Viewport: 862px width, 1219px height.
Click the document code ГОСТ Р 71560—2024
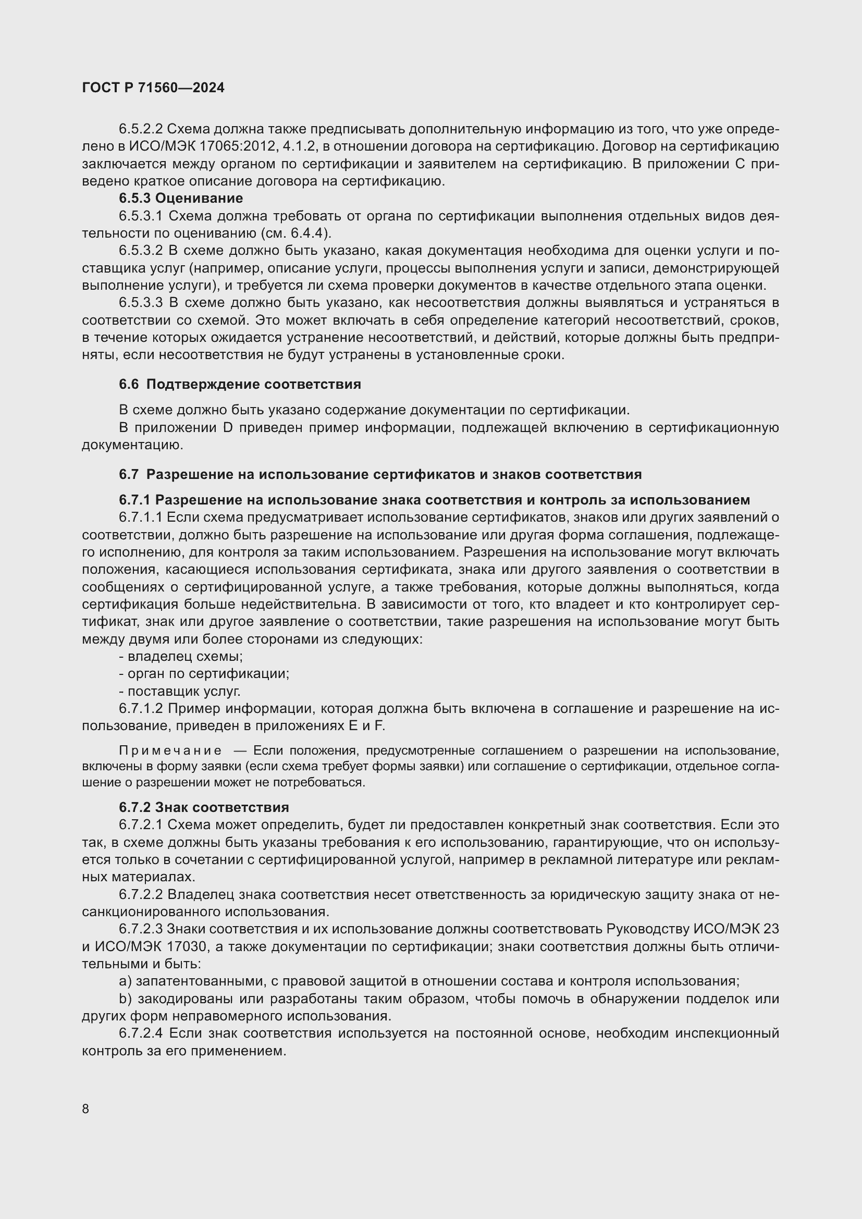point(153,88)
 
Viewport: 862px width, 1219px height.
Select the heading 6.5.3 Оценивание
point(181,199)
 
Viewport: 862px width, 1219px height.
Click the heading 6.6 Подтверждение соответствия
point(240,385)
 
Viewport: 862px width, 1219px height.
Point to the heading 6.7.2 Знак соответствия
point(204,807)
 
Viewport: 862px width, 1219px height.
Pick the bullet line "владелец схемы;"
point(181,656)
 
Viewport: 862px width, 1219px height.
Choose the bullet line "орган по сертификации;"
point(204,674)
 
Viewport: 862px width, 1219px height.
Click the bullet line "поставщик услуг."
point(180,691)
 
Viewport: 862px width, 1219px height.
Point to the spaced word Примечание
point(170,750)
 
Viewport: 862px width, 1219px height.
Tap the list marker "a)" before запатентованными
point(125,982)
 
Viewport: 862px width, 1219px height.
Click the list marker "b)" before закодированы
point(125,999)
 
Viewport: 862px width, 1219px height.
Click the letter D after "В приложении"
point(228,428)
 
